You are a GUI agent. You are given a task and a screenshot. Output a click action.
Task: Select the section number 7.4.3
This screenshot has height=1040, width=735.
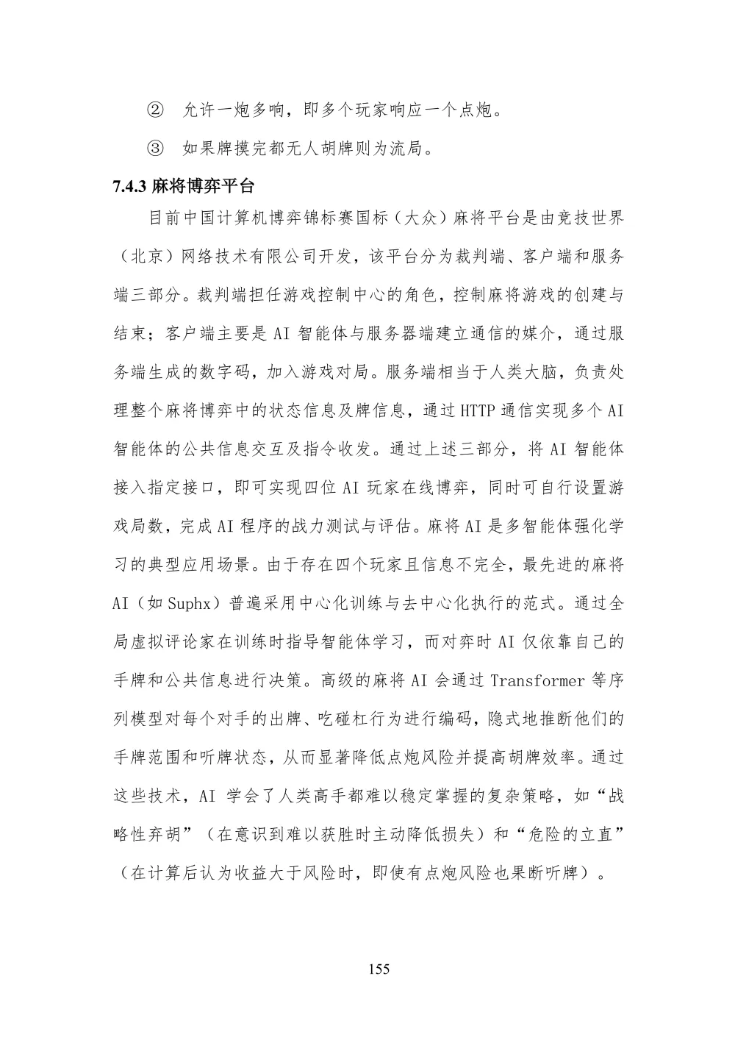tap(130, 185)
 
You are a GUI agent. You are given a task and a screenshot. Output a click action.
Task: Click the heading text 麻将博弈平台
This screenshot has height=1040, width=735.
tap(203, 185)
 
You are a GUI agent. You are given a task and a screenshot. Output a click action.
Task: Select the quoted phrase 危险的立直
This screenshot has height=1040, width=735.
tap(566, 834)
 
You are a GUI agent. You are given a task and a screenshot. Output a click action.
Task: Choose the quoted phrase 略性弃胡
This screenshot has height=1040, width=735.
tap(151, 834)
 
